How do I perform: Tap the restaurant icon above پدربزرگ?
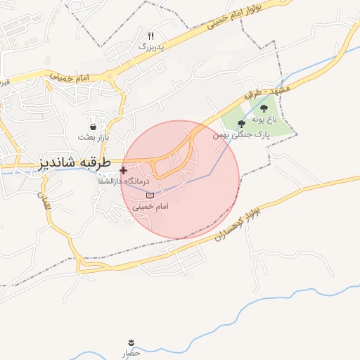tap(150, 36)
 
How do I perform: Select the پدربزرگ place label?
tap(149, 46)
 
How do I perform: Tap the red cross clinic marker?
tap(124, 170)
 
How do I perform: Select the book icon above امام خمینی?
tap(149, 195)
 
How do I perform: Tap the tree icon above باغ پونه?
tap(264, 108)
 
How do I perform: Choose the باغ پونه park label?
tap(265, 120)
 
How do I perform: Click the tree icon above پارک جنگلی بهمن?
tap(242, 123)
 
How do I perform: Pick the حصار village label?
tap(131, 352)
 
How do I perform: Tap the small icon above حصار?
tap(131, 343)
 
